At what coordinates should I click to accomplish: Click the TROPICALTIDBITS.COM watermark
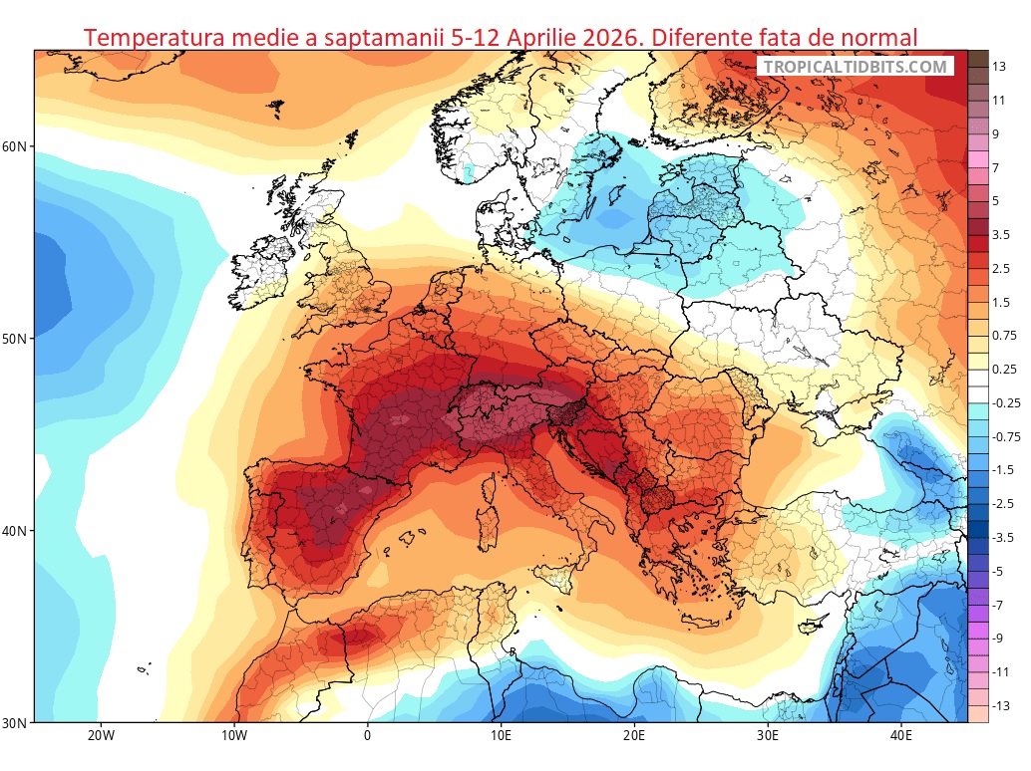click(857, 67)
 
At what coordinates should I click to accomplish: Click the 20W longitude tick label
click(100, 737)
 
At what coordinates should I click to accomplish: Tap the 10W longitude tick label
click(233, 737)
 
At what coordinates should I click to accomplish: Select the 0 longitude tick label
click(367, 737)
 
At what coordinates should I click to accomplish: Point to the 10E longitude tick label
click(501, 737)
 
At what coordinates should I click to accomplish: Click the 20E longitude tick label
click(634, 737)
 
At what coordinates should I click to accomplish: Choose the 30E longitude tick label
click(768, 737)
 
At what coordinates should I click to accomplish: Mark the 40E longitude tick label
click(901, 737)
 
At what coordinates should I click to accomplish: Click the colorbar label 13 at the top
click(998, 66)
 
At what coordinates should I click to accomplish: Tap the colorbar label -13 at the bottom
click(1000, 705)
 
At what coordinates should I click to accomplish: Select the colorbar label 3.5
click(1000, 235)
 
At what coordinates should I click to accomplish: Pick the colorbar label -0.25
click(1007, 402)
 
